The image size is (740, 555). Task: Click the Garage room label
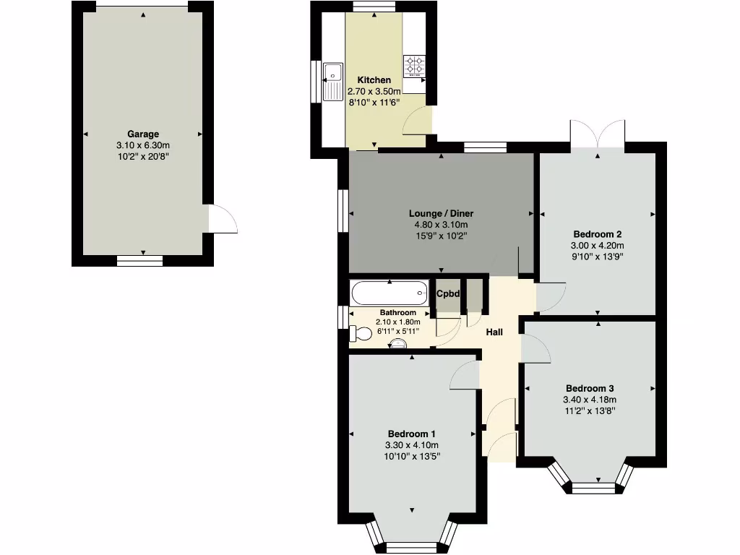pos(143,134)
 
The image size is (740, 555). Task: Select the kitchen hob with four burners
pos(415,66)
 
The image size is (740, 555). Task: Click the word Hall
pos(494,332)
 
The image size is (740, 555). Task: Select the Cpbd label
pos(449,293)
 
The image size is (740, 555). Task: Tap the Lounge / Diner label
pos(441,214)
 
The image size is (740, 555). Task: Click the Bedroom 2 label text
pos(598,234)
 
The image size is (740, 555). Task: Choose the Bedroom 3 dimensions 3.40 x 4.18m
pos(589,400)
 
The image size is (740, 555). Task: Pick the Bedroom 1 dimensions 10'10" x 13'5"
pos(412,456)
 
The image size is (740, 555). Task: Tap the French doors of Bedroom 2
pos(598,136)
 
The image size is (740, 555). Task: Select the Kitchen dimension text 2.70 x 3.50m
pos(374,92)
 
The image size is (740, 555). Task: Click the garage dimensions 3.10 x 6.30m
pos(143,145)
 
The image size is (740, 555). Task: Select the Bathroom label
pos(398,313)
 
